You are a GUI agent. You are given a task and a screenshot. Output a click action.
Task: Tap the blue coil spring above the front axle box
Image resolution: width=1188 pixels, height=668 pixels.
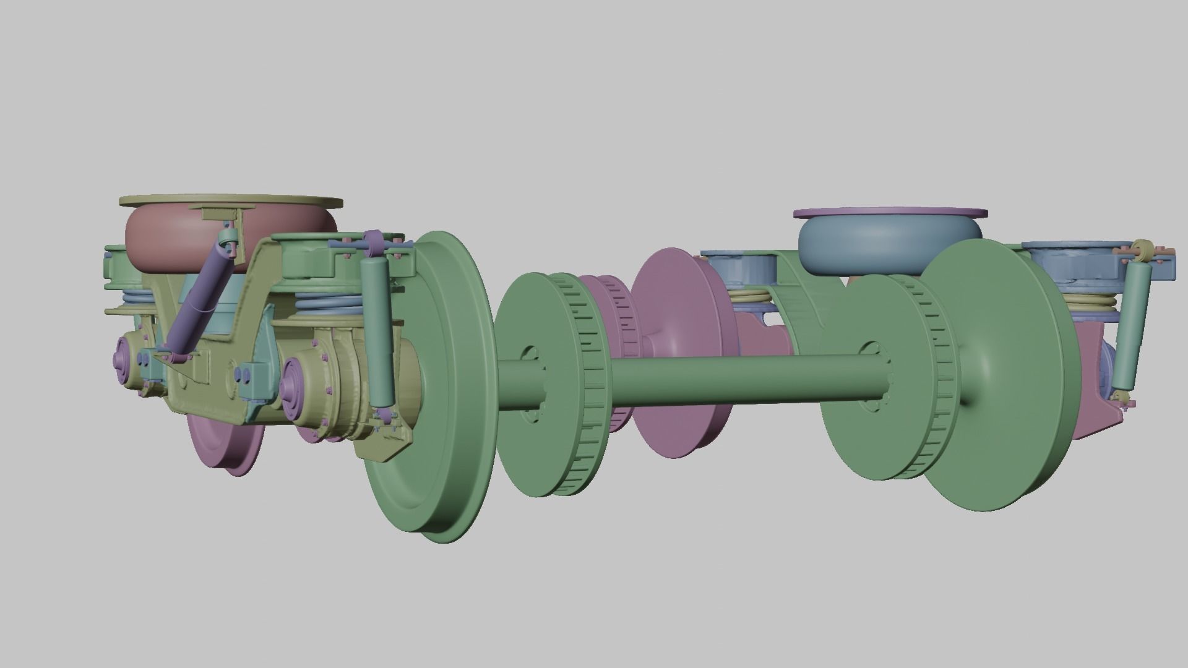328,303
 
